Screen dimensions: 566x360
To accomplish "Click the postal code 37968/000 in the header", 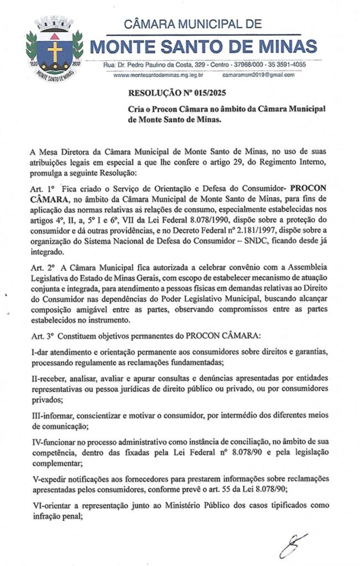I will tap(253, 65).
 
